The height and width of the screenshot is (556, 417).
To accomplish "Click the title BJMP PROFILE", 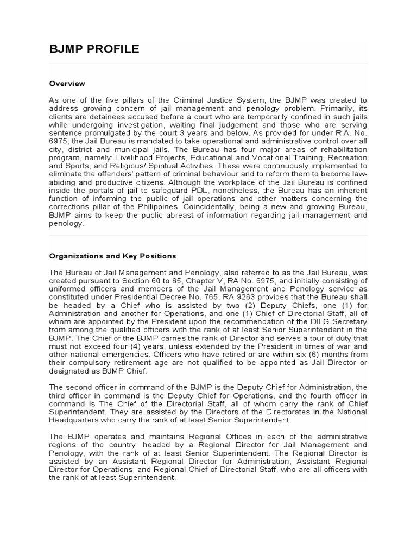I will coord(94,50).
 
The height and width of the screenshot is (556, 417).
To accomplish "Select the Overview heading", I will coord(67,84).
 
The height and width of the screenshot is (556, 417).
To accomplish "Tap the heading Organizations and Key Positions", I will coord(112,256).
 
